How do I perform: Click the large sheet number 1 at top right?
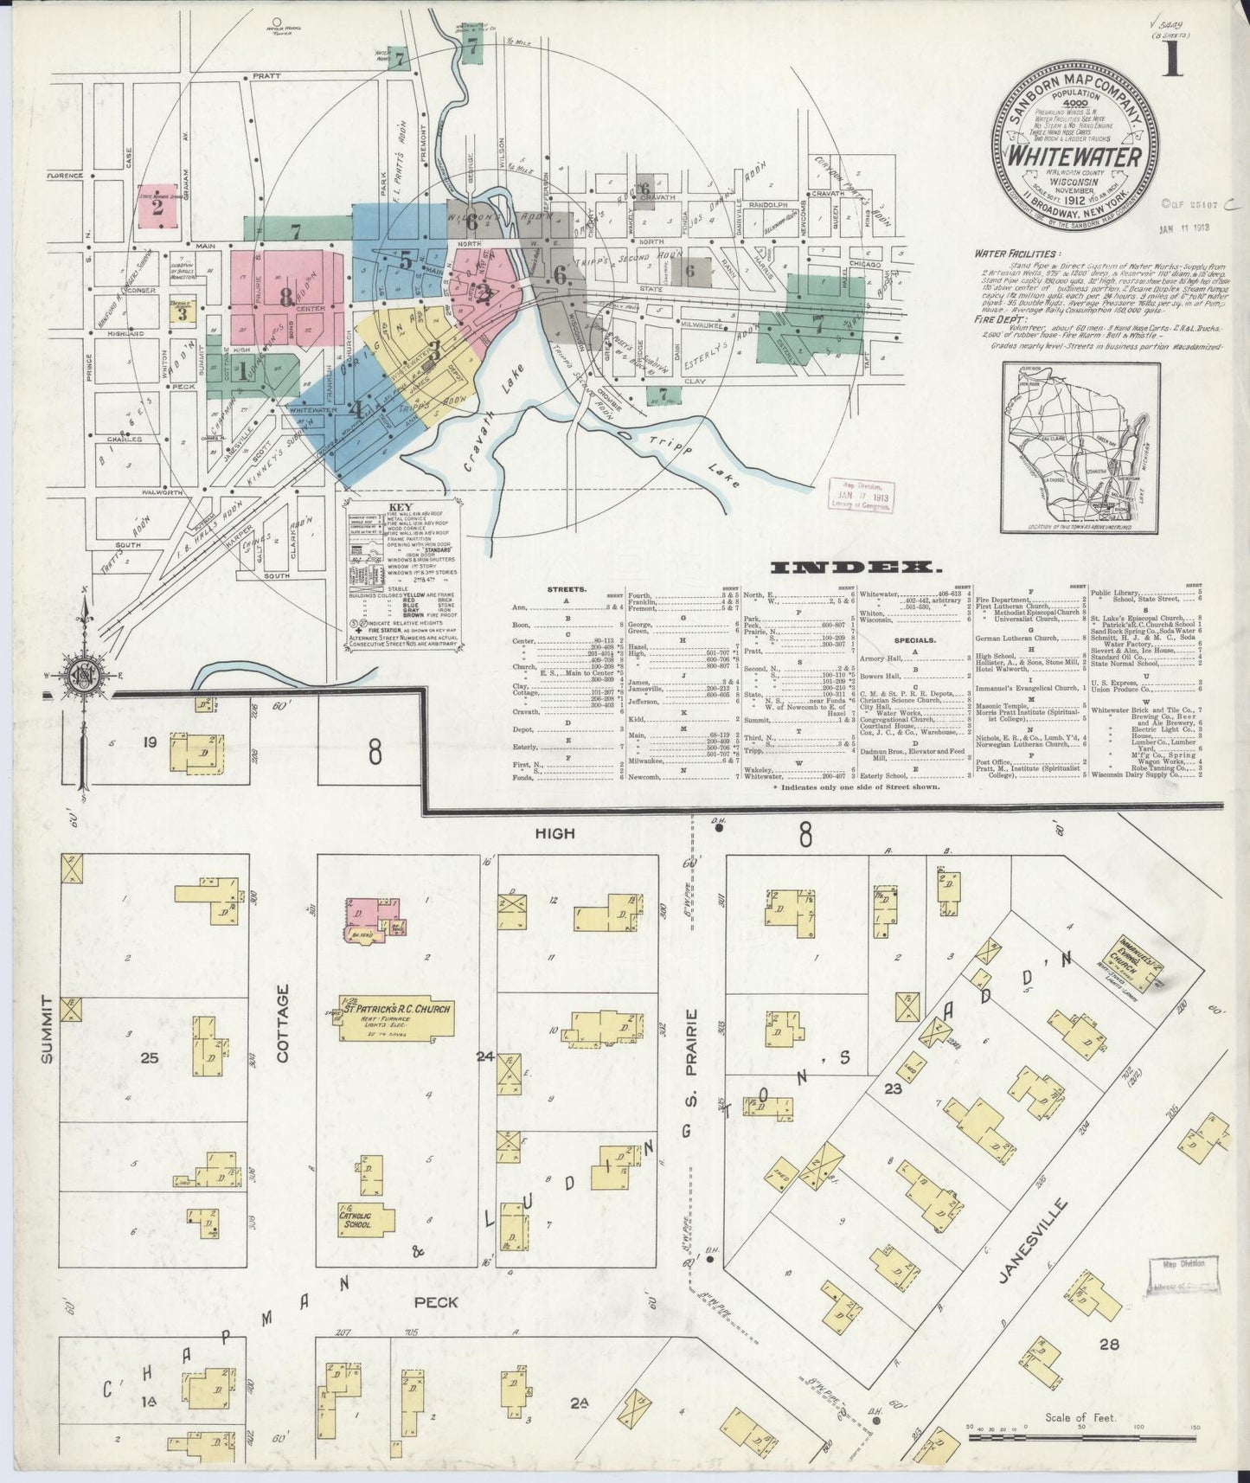[1174, 58]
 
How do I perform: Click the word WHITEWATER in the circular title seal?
[1077, 158]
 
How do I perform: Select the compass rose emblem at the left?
[84, 673]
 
